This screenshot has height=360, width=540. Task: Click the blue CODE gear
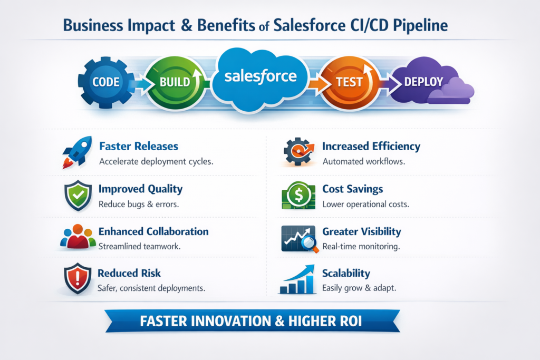pos(105,82)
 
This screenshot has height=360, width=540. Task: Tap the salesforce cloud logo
pos(260,77)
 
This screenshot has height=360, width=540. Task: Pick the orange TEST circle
pos(349,82)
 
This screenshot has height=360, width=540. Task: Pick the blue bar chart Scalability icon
pos(297,280)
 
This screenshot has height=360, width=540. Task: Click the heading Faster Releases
pos(139,146)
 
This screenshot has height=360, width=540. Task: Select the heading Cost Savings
pos(352,189)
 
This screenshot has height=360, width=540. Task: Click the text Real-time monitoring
pos(361,246)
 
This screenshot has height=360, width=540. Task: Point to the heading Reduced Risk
pos(129,273)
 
